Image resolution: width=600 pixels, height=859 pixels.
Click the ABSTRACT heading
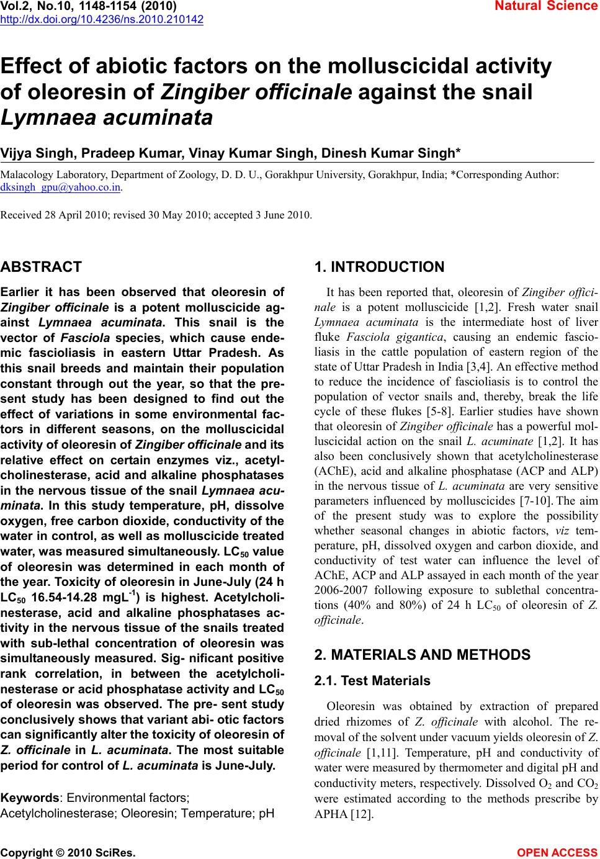pyautogui.click(x=41, y=268)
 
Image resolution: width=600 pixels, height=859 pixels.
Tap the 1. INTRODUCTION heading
pyautogui.click(x=379, y=268)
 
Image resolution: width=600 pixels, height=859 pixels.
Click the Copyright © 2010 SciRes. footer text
pyautogui.click(x=68, y=853)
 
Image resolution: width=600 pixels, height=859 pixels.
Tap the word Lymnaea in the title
pyautogui.click(x=51, y=117)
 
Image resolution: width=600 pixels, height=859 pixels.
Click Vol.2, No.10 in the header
pyautogui.click(x=39, y=6)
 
